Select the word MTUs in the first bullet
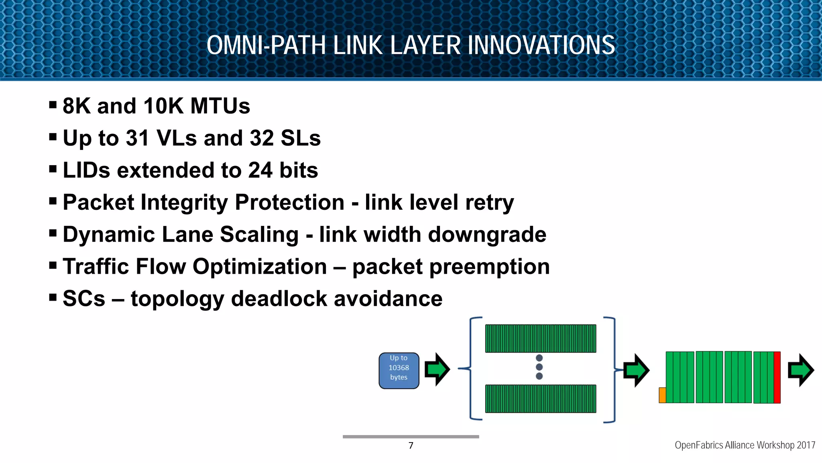point(220,106)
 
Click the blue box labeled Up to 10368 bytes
point(399,371)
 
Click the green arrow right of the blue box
point(437,369)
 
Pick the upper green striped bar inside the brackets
point(540,338)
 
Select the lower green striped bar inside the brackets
point(540,399)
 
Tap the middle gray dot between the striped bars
point(539,367)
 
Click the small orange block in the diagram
point(662,395)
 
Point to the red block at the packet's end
point(777,377)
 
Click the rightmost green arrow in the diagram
point(800,370)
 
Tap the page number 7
point(411,445)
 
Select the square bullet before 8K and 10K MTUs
point(53,105)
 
